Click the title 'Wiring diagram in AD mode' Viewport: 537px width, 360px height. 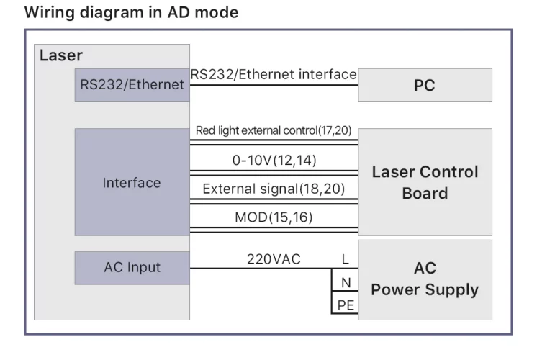pos(131,12)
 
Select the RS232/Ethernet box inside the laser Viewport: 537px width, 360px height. pos(131,85)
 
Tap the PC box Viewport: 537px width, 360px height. pos(425,85)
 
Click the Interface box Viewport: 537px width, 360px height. pos(131,182)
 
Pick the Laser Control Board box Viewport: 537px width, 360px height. pos(425,182)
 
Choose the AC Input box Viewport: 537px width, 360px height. pos(131,267)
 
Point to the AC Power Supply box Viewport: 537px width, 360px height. pos(425,279)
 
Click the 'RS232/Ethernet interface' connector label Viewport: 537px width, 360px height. pos(273,74)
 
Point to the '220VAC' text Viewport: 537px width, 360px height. pos(274,258)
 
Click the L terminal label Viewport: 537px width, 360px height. pos(345,259)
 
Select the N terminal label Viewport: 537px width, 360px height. pos(345,283)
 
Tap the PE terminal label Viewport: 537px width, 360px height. pos(345,306)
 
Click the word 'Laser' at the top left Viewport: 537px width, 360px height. pos(60,55)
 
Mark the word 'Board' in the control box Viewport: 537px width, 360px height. pos(425,193)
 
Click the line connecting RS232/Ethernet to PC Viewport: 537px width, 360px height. pos(273,85)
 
